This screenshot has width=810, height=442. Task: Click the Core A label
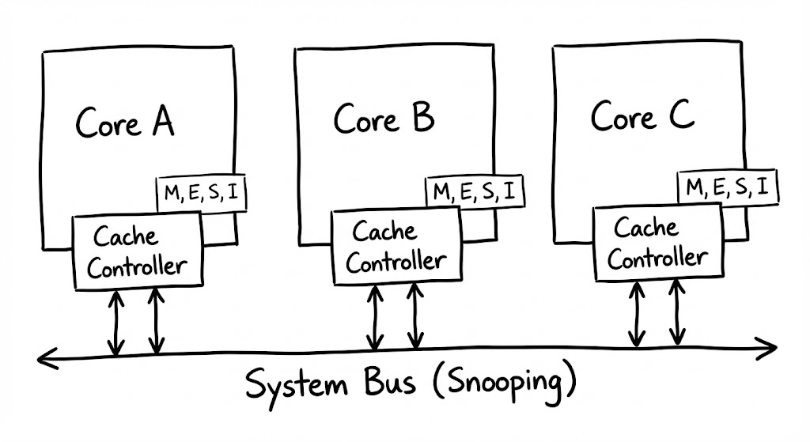point(125,123)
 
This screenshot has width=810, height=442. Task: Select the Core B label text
point(384,120)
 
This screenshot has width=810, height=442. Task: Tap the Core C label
point(642,118)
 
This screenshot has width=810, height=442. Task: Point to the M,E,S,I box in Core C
point(728,187)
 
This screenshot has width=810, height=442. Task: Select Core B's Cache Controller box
point(395,247)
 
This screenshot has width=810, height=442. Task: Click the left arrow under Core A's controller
point(116,322)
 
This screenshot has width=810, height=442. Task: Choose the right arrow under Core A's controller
point(156,322)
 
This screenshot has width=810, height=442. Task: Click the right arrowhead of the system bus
point(771,344)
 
